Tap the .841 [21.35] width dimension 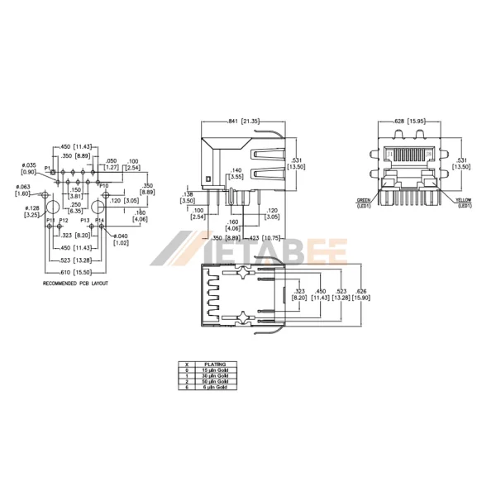(245, 122)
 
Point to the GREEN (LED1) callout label (364, 203)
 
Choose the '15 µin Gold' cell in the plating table (217, 370)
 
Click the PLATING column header (216, 364)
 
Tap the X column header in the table (188, 364)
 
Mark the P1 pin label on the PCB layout (48, 169)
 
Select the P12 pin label (64, 221)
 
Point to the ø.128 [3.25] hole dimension (32, 212)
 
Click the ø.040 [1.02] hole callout (121, 240)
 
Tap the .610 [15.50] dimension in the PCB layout (76, 272)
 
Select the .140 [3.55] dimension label (236, 172)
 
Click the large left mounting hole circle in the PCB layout (51, 206)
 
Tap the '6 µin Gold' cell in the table (217, 387)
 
